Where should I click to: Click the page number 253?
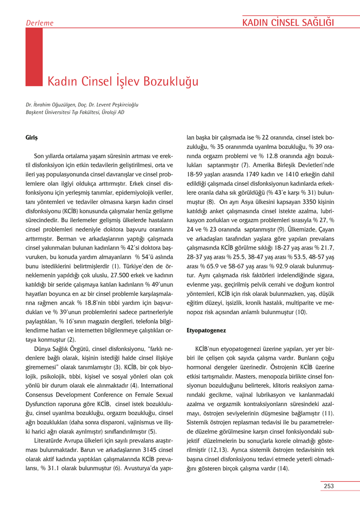pyautogui.click(x=328, y=486)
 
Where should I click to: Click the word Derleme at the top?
pyautogui.click(x=39, y=23)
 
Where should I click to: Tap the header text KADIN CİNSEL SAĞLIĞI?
pyautogui.click(x=287, y=22)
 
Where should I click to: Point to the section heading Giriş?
pyautogui.click(x=32, y=137)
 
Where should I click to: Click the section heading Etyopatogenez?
pyautogui.click(x=206, y=330)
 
